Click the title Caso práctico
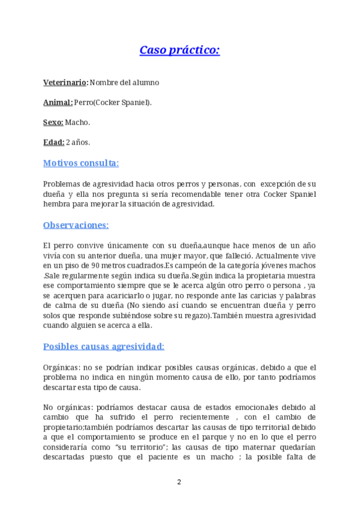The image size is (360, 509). (179, 50)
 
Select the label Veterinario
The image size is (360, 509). (65, 82)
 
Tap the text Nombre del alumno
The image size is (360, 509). (125, 82)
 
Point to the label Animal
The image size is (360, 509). (58, 102)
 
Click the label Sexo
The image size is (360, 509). (53, 122)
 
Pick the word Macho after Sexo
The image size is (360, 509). (77, 122)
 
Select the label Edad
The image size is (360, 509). (53, 142)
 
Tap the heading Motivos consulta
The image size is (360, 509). (81, 163)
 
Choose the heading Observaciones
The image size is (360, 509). (76, 225)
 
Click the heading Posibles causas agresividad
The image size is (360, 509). (104, 346)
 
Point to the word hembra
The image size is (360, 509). (57, 204)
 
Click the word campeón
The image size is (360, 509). (196, 265)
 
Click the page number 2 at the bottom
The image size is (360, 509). (179, 482)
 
